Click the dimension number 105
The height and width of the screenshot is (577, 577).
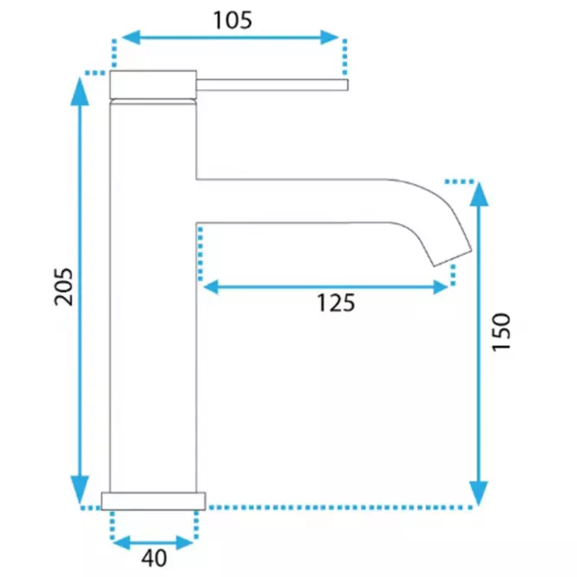pos(233,20)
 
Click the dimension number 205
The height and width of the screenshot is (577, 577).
pos(63,287)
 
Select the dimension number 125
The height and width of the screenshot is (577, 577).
pos(336,303)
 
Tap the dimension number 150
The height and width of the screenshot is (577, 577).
pos(502,332)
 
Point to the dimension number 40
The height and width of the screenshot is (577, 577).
pos(154,558)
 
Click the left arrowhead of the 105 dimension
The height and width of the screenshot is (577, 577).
pos(131,37)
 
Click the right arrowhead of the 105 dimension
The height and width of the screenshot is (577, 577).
pos(330,37)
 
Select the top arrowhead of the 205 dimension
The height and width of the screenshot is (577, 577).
pos(80,92)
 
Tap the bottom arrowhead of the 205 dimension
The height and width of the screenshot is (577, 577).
pos(80,489)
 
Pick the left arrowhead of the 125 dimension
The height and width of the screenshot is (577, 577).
pos(211,287)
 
